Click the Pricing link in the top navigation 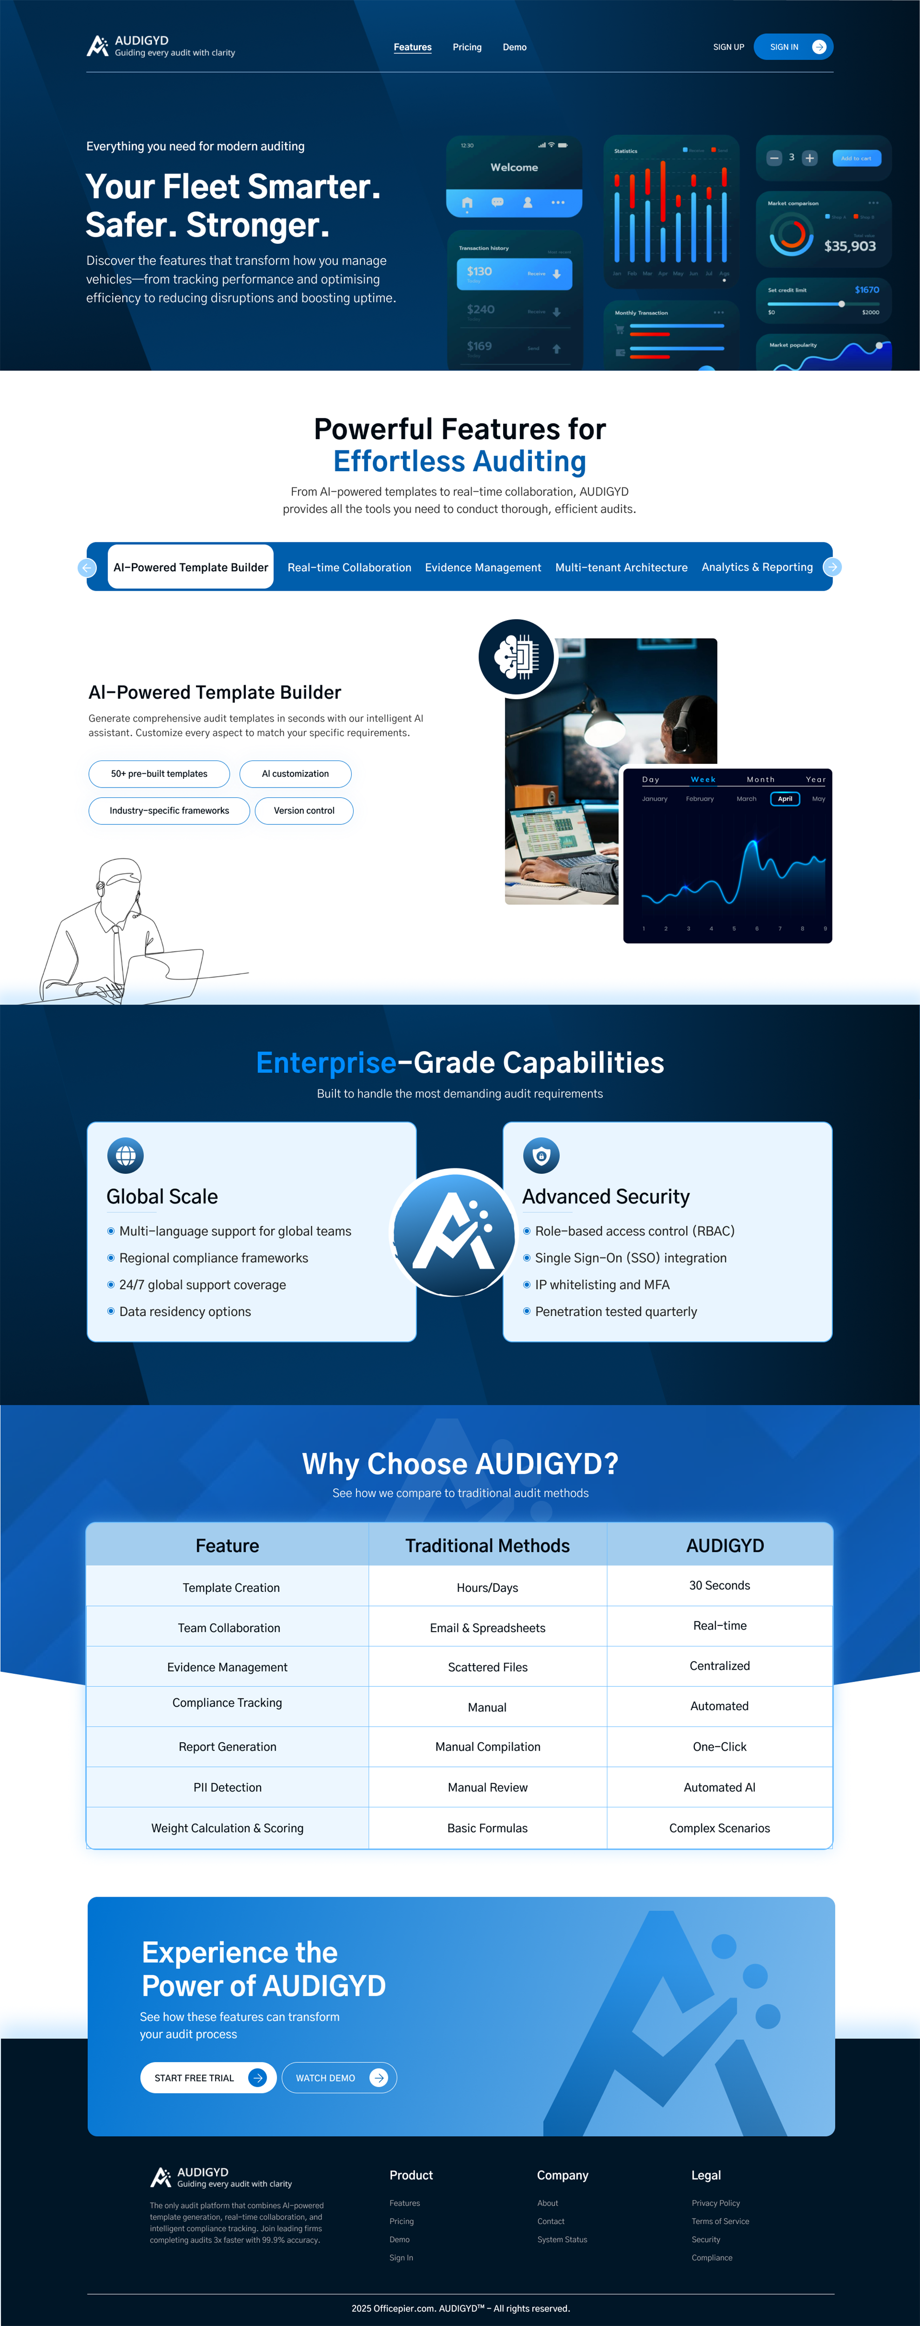click(x=467, y=47)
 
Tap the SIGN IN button click(x=792, y=47)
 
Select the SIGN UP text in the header click(x=728, y=47)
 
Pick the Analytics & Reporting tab click(x=757, y=567)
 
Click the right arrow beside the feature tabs click(x=833, y=567)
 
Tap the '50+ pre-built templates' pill click(x=159, y=774)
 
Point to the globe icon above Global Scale click(x=126, y=1155)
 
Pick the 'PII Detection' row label click(x=228, y=1787)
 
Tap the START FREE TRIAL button click(x=208, y=2078)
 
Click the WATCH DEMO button click(x=339, y=2078)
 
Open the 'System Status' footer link click(x=562, y=2239)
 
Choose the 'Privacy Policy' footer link click(x=715, y=2203)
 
